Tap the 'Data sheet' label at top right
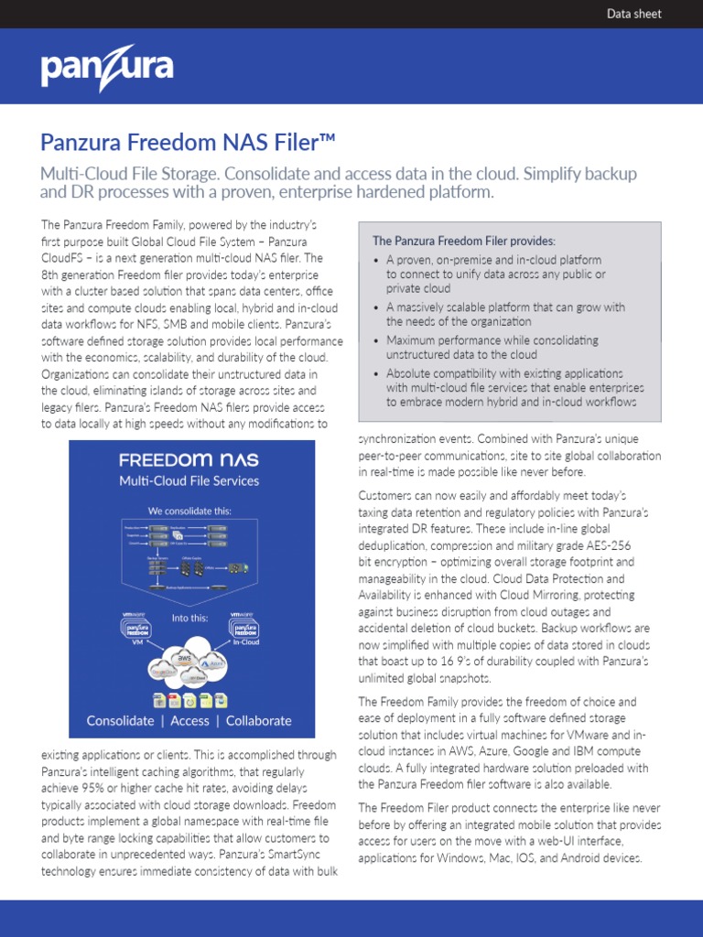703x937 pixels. (x=634, y=14)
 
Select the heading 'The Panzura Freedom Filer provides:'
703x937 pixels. (x=463, y=241)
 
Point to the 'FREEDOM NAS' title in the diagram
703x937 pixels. (x=191, y=459)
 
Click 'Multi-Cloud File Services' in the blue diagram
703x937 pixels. (x=191, y=481)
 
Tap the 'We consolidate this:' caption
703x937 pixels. (x=191, y=511)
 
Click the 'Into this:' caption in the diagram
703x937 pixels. (x=191, y=618)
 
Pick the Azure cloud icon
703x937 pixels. (x=212, y=662)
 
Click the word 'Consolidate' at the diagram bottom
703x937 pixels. (x=120, y=721)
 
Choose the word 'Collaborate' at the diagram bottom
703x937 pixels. (x=259, y=721)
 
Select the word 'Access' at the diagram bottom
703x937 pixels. (x=190, y=721)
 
